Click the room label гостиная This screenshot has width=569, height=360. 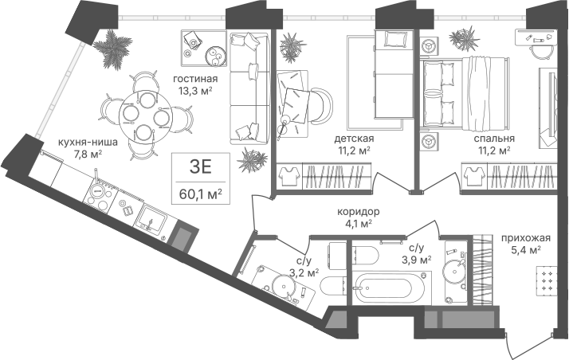(195, 79)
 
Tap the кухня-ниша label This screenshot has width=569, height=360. (88, 142)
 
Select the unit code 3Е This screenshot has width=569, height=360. (200, 167)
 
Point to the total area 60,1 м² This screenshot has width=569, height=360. (200, 195)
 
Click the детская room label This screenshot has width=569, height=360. (354, 139)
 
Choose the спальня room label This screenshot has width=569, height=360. (494, 139)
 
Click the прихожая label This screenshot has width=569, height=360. (526, 238)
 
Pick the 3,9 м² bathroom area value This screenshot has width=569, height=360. (417, 260)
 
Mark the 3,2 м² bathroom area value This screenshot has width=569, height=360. (304, 272)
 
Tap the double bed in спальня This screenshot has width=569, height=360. (464, 93)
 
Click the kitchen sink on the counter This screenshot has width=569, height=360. (151, 218)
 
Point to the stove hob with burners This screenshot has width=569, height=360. (99, 196)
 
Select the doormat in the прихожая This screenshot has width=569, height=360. (547, 279)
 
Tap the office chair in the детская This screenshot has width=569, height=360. (320, 105)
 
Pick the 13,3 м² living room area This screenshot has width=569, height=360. (195, 90)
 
